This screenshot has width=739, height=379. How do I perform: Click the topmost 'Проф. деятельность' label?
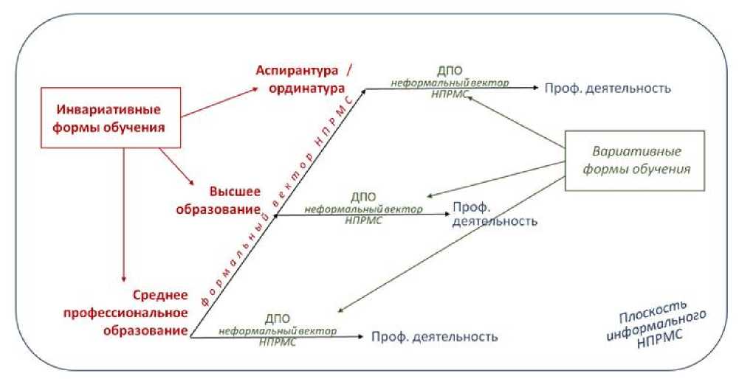(608, 88)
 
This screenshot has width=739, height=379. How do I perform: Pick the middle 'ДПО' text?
(363, 198)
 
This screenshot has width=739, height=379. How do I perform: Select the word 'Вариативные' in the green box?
(636, 150)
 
